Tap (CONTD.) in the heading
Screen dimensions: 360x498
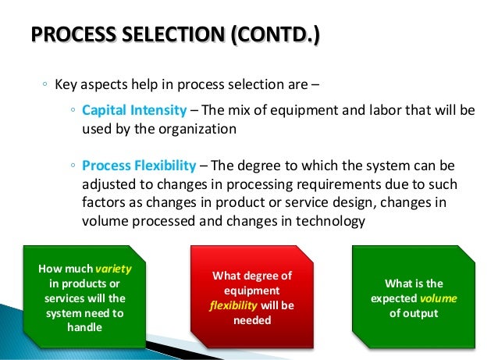click(x=270, y=36)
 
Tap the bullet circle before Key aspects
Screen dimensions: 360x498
click(x=45, y=85)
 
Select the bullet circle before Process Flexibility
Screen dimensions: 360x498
click(x=72, y=168)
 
